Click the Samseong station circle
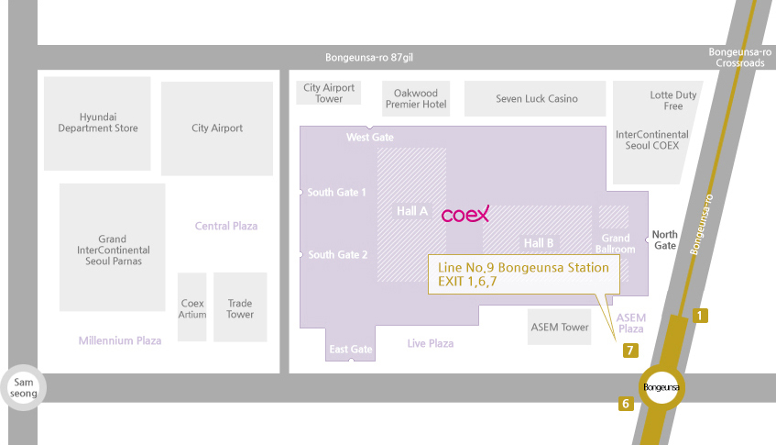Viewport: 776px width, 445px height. point(23,387)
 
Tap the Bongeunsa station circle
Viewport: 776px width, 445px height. point(661,387)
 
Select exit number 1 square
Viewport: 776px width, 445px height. point(700,315)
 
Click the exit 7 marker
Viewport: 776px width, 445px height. point(630,350)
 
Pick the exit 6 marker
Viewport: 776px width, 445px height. point(626,404)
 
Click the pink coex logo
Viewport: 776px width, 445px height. point(465,214)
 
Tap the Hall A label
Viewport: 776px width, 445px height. point(412,211)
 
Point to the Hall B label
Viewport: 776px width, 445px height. point(539,243)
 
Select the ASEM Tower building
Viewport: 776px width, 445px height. point(559,327)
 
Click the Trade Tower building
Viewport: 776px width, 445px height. point(240,307)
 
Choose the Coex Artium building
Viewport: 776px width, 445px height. point(192,307)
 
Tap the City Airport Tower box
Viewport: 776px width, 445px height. point(329,93)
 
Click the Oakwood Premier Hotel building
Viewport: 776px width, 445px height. point(416,98)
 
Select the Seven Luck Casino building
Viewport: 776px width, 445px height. point(535,98)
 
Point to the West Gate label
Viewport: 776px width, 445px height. point(370,138)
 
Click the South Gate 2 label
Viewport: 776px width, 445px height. point(337,255)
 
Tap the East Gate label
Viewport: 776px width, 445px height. point(351,350)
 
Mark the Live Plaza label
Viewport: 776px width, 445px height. point(431,343)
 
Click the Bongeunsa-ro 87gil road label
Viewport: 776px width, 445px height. point(369,58)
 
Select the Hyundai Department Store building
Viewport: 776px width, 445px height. point(97,123)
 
